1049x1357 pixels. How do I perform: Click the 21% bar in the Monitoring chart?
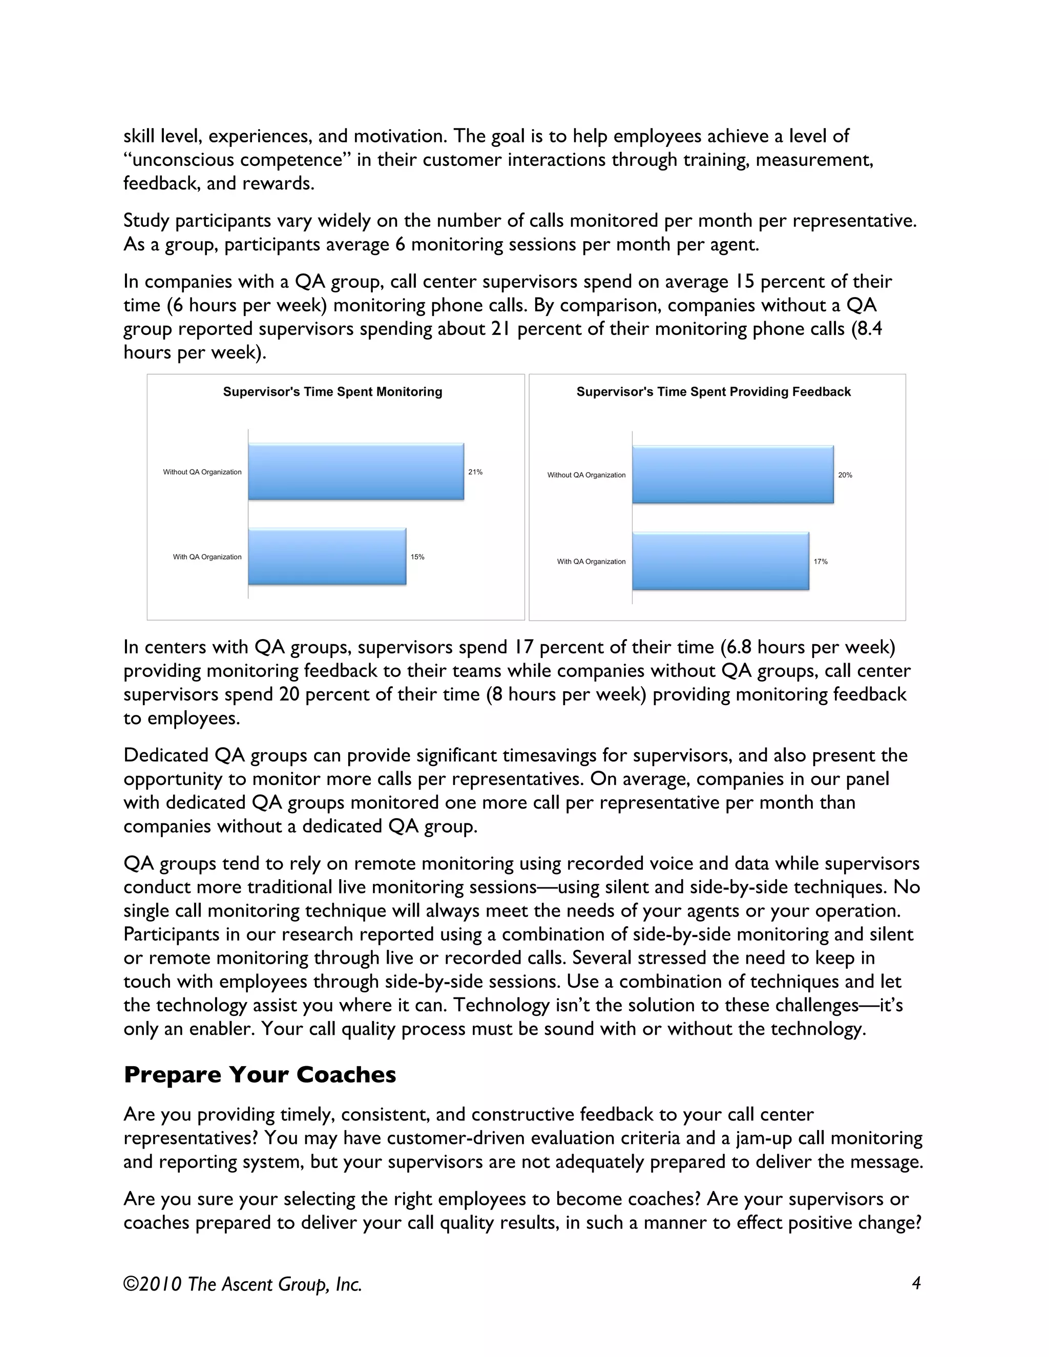click(x=356, y=472)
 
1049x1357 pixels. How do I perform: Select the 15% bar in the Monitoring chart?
click(x=327, y=557)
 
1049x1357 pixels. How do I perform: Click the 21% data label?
click(x=475, y=472)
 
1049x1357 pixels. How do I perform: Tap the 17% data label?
click(x=821, y=562)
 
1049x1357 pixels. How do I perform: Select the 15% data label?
click(x=417, y=557)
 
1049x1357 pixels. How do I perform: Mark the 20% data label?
click(x=845, y=475)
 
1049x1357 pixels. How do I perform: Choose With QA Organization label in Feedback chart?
click(x=591, y=562)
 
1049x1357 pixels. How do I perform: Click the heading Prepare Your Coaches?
click(x=260, y=1075)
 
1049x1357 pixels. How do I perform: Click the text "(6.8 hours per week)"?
click(x=808, y=647)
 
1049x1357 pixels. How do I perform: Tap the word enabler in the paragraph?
click(x=221, y=1029)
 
